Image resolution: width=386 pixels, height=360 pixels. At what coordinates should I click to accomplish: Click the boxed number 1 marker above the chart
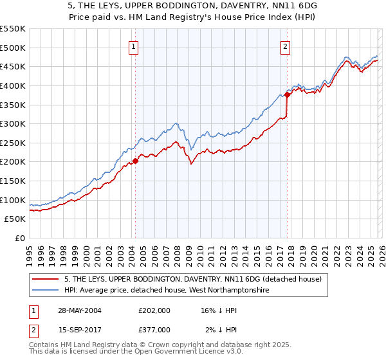[x=133, y=46]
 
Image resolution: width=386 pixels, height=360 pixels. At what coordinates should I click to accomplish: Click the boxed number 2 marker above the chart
[x=285, y=46]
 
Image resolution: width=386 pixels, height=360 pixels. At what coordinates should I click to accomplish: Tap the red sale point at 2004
[x=135, y=161]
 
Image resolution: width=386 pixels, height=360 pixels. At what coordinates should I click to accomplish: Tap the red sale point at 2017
[x=287, y=94]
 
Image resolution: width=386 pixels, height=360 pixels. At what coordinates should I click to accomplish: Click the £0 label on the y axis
[x=19, y=238]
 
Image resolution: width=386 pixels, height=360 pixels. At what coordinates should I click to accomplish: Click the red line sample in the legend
[x=46, y=279]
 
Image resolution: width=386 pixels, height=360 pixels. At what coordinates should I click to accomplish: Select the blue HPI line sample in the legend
[x=46, y=291]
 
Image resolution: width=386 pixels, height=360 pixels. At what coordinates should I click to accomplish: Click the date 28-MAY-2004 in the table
[x=79, y=310]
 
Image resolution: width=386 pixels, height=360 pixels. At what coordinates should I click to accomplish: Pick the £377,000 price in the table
[x=154, y=329]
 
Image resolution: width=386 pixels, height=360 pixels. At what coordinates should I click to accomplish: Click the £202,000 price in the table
[x=154, y=310]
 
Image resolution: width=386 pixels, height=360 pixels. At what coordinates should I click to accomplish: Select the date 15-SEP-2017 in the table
[x=79, y=329]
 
